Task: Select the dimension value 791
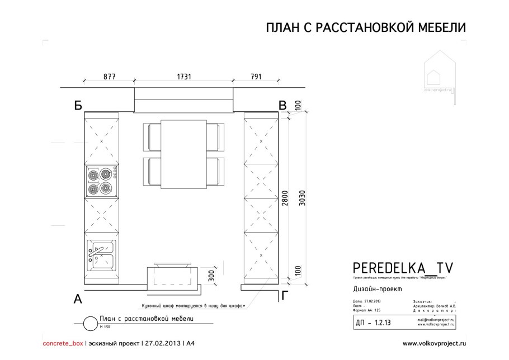(x=249, y=76)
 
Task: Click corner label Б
(x=78, y=105)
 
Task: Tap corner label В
(x=284, y=105)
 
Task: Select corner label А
(x=78, y=299)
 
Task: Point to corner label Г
(x=285, y=296)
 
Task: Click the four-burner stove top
(x=102, y=181)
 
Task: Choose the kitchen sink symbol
(x=101, y=254)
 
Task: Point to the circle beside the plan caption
(x=88, y=323)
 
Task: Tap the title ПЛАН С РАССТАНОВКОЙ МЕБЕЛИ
(x=365, y=29)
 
